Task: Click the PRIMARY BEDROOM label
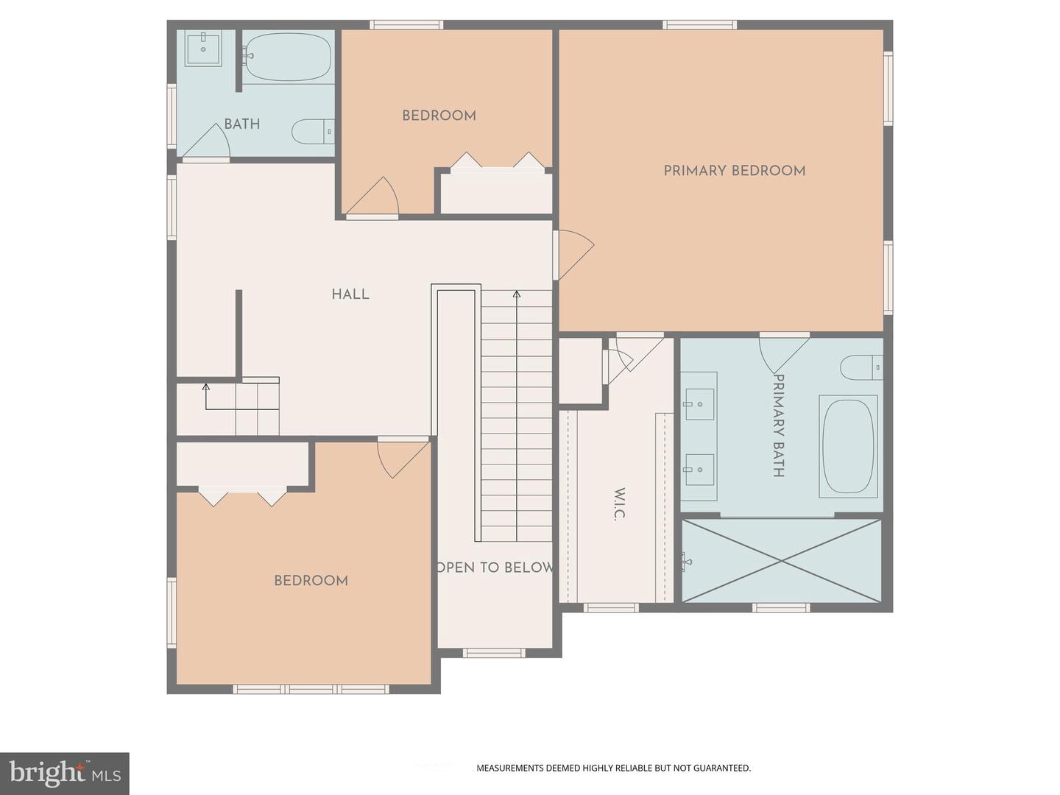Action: (734, 171)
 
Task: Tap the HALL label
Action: (350, 294)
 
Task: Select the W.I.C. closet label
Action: (620, 504)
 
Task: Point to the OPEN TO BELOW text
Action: (495, 568)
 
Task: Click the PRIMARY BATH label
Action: (778, 425)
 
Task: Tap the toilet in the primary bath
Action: (861, 367)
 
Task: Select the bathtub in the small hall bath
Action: (289, 56)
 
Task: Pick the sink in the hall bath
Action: (203, 49)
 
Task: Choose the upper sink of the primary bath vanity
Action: (698, 403)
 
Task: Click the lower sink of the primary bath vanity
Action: (698, 470)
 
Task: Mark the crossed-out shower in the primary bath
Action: (781, 561)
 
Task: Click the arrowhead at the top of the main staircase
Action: (517, 294)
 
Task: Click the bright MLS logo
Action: (65, 773)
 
